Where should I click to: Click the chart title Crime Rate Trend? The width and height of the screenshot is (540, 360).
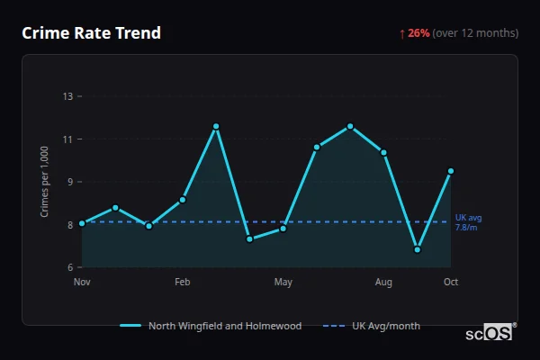coord(91,33)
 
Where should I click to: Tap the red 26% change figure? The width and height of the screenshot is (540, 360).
coord(418,33)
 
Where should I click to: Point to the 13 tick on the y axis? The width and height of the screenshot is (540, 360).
coord(67,95)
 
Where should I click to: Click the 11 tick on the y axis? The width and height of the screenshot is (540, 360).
coord(67,139)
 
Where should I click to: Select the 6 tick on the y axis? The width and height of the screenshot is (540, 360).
coord(68,267)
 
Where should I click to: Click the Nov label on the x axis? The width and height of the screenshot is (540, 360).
coord(82,283)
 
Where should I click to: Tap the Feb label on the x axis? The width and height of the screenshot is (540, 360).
coord(183,283)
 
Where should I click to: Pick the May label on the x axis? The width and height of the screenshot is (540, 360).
coord(283,283)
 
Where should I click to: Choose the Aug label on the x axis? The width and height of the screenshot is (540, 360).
coord(383,283)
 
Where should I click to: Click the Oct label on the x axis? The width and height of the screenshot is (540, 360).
coord(451,283)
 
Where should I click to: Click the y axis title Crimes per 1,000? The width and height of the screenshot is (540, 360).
coord(45,182)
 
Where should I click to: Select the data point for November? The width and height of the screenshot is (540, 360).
coord(82,223)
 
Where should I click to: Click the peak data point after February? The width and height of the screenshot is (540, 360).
coord(216,126)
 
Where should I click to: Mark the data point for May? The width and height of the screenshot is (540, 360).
coord(283,229)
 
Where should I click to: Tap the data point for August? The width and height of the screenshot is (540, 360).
coord(383,152)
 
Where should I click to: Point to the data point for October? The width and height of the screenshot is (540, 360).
coord(451,171)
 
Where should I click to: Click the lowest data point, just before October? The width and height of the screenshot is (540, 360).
coord(418,249)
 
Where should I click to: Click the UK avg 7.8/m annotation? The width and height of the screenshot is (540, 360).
coord(469,222)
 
